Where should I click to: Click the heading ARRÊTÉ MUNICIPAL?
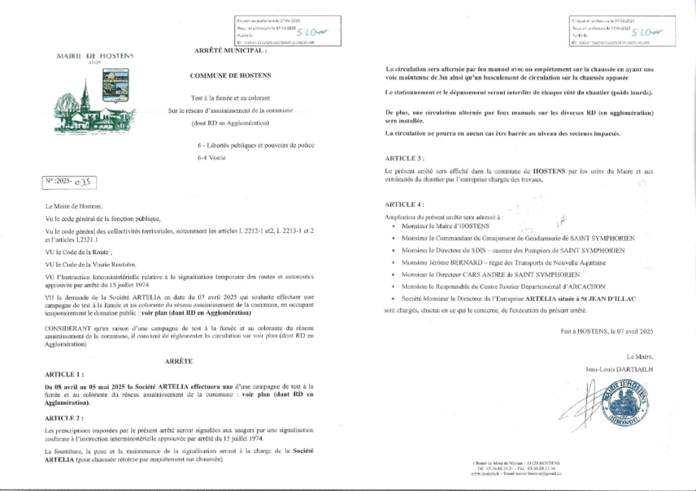[x=231, y=50]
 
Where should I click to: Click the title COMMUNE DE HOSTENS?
[x=231, y=76]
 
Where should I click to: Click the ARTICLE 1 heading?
[x=64, y=374]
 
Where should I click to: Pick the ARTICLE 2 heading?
[x=64, y=417]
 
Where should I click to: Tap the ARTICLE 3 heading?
[x=404, y=158]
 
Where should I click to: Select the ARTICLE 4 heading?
[x=404, y=204]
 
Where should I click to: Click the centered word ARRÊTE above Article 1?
[x=179, y=362]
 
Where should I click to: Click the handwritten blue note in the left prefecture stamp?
[x=311, y=33]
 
